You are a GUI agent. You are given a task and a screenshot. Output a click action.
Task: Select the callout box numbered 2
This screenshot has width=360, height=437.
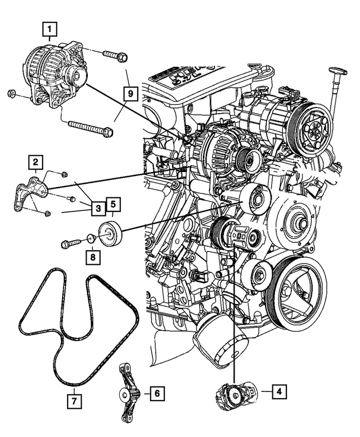click(x=35, y=164)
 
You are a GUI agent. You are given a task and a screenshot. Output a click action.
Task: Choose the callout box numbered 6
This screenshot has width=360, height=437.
click(x=157, y=393)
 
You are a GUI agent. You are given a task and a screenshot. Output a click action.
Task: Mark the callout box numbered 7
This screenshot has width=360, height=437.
click(x=74, y=401)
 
